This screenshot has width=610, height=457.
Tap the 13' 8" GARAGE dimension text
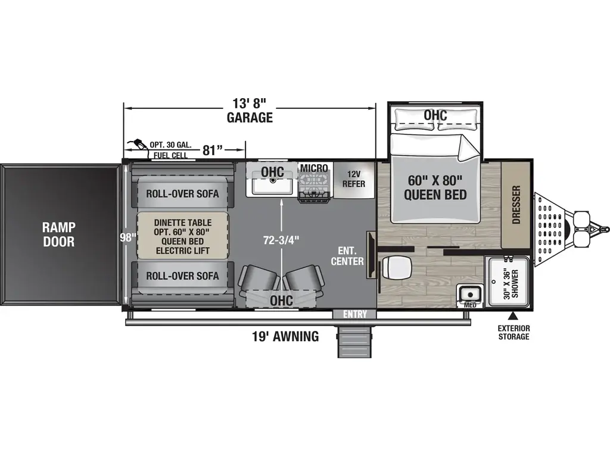[249, 109]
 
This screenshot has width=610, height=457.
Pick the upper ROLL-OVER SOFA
[182, 193]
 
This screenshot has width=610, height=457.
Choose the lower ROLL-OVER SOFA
[182, 276]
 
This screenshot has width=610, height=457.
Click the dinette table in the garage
[182, 235]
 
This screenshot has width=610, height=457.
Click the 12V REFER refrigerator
[353, 179]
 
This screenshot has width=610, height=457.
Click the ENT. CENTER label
[347, 256]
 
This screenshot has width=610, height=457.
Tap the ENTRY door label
[354, 314]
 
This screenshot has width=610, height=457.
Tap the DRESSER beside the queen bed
[516, 205]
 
